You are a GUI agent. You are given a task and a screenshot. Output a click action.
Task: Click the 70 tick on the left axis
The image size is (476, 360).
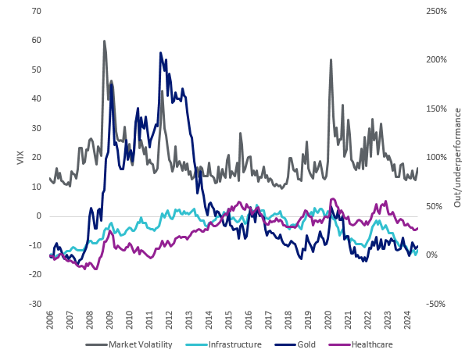coord(36,11)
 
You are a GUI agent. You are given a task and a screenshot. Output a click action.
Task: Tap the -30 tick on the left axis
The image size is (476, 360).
coord(34,304)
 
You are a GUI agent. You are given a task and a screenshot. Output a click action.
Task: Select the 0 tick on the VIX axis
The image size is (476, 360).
coord(38,216)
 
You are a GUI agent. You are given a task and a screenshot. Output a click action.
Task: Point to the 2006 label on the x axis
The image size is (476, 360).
coord(51,322)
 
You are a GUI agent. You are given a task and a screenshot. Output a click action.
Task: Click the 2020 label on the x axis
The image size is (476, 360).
coord(328,322)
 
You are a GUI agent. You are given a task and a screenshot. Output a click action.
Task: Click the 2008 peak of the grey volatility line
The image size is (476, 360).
coord(104,41)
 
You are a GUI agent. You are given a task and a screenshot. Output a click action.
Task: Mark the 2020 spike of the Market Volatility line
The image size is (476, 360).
coord(331,59)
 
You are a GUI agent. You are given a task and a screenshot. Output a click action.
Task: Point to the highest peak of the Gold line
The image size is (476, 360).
coord(160,53)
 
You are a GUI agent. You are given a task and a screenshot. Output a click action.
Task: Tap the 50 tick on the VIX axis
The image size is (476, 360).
coord(36,70)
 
